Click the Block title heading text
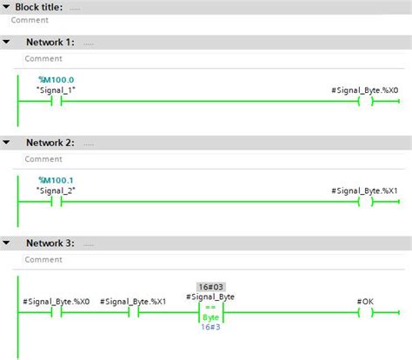(39, 6)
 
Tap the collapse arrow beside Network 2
(7, 142)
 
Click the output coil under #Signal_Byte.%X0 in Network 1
(365, 101)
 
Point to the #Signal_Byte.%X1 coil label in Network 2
(365, 190)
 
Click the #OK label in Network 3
(365, 300)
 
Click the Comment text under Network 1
(43, 59)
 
